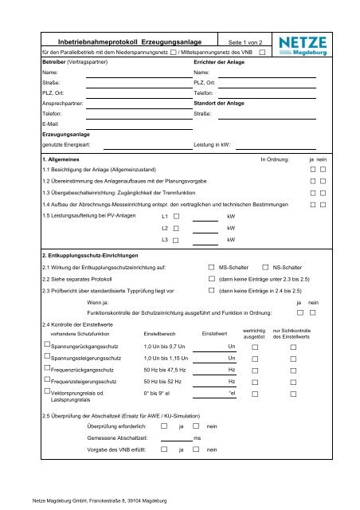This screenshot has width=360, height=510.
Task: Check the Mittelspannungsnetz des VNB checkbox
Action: click(262, 53)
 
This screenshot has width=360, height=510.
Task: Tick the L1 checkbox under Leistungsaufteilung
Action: click(176, 216)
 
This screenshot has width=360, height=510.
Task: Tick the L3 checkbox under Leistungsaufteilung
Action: click(176, 240)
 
